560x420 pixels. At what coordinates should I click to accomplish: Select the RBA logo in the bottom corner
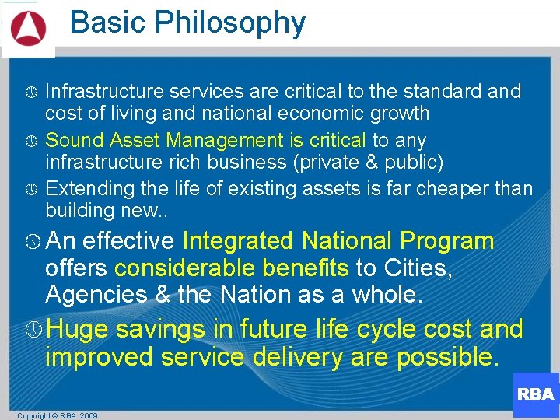tap(535, 394)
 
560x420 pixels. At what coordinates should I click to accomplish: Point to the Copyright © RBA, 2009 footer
tap(58, 415)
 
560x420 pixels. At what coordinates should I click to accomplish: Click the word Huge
tap(76, 329)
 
